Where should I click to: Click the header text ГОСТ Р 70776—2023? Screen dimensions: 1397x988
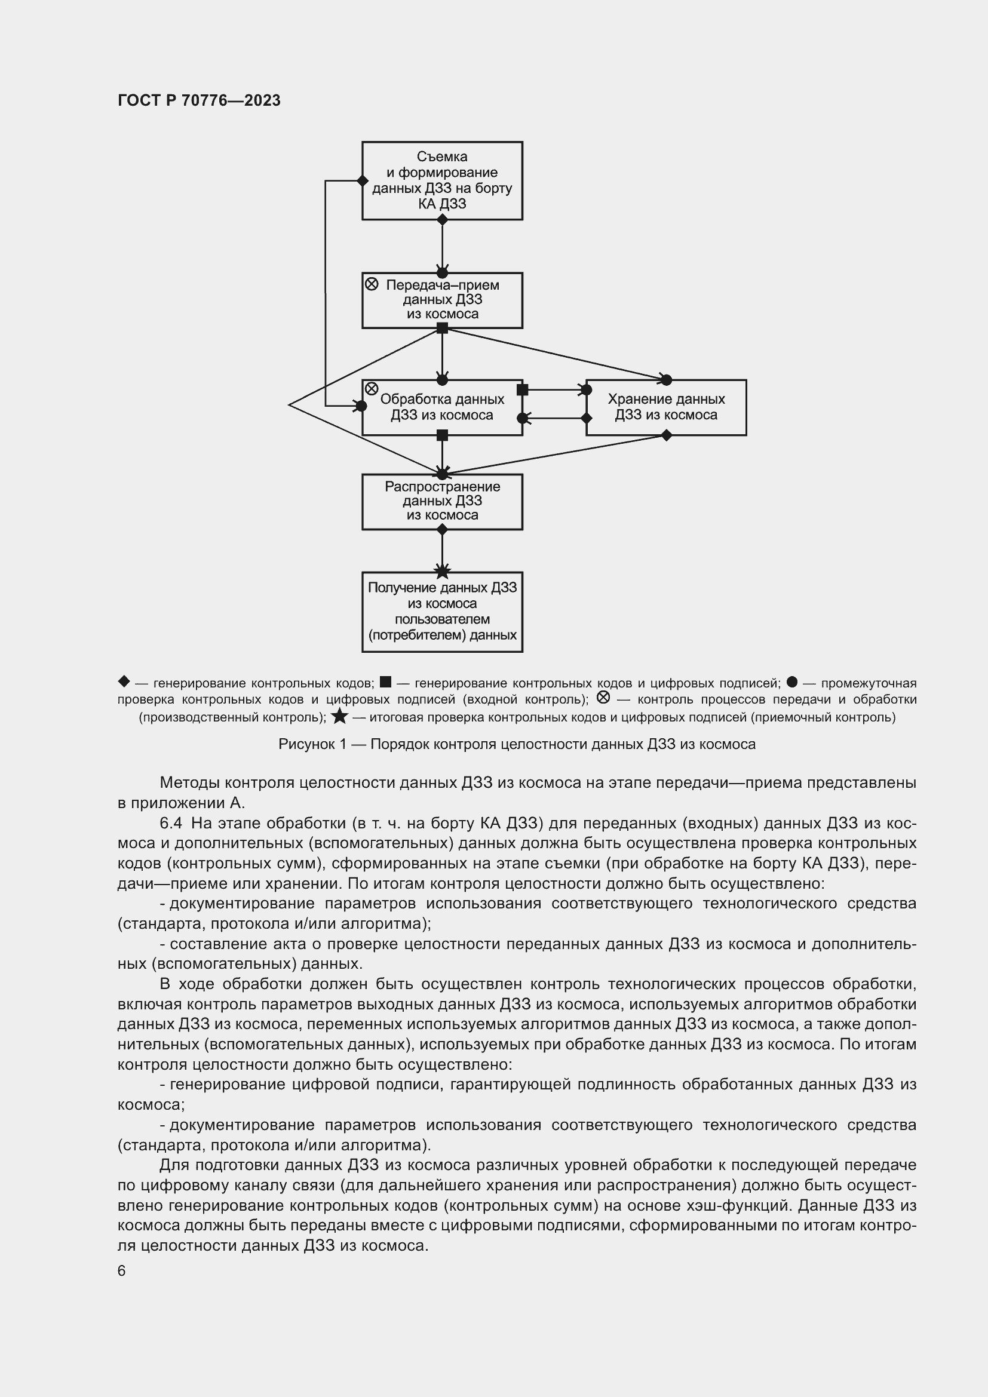click(199, 100)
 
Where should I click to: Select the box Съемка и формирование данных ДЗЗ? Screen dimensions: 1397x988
click(442, 181)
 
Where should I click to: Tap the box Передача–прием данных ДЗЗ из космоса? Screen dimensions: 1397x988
click(442, 300)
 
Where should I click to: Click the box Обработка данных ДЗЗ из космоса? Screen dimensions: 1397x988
click(442, 408)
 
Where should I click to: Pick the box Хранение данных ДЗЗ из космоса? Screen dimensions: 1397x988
click(666, 407)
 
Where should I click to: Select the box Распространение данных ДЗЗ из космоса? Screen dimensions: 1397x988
click(442, 501)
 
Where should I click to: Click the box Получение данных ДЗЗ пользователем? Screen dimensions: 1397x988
click(442, 612)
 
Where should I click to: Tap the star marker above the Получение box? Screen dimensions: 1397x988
click(442, 571)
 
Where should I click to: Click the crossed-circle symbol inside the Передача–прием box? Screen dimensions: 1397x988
click(372, 284)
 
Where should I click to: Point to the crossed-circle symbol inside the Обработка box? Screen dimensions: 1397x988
click(372, 389)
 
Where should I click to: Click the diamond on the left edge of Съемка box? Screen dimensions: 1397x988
click(363, 181)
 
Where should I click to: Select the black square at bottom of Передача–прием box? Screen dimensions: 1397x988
click(442, 328)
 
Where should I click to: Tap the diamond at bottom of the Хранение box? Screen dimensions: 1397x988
click(666, 435)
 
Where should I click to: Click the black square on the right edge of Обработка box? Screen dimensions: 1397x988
click(522, 389)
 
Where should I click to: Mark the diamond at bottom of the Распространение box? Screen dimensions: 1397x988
click(442, 530)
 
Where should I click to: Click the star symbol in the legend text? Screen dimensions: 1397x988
click(339, 717)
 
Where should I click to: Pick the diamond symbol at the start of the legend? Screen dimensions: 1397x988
click(124, 681)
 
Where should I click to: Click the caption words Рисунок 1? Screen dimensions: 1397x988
click(312, 744)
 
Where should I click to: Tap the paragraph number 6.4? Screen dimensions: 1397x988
click(170, 823)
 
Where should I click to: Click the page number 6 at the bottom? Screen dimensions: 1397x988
click(122, 1271)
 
